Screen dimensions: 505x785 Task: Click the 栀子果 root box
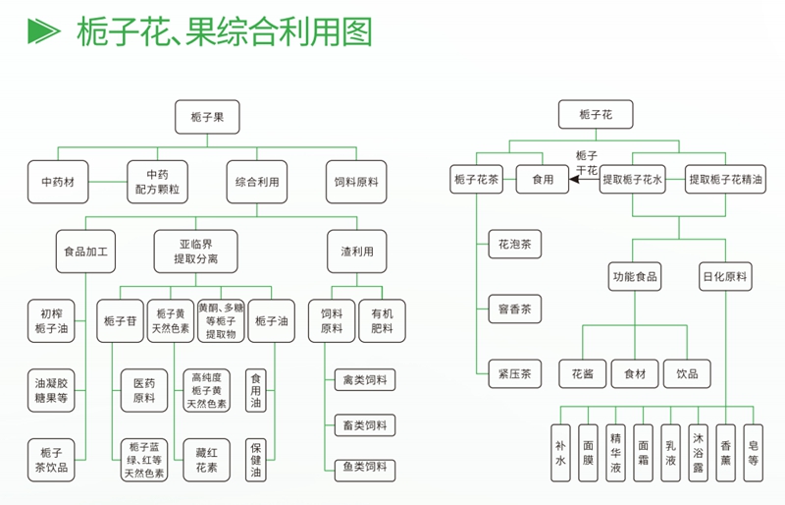tap(207, 117)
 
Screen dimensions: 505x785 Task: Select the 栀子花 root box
tap(596, 115)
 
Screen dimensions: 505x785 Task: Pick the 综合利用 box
tap(257, 181)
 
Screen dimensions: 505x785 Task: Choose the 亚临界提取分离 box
tap(195, 252)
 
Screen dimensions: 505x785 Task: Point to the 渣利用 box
tap(356, 252)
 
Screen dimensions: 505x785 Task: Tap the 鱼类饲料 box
tap(365, 468)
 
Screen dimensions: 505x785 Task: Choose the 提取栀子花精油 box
tap(725, 180)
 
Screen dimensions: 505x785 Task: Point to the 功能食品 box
tap(634, 277)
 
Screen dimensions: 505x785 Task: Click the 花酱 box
tap(582, 374)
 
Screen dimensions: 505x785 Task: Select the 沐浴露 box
tap(698, 452)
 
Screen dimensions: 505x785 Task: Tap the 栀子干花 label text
tap(587, 162)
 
